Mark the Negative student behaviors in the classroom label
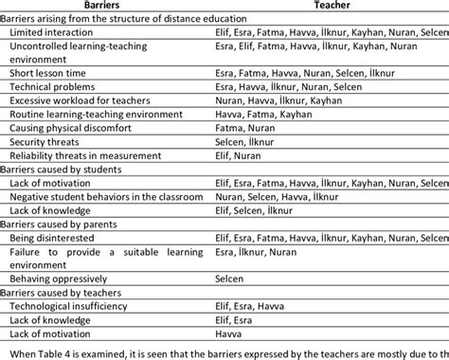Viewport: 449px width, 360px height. [x=106, y=196]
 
